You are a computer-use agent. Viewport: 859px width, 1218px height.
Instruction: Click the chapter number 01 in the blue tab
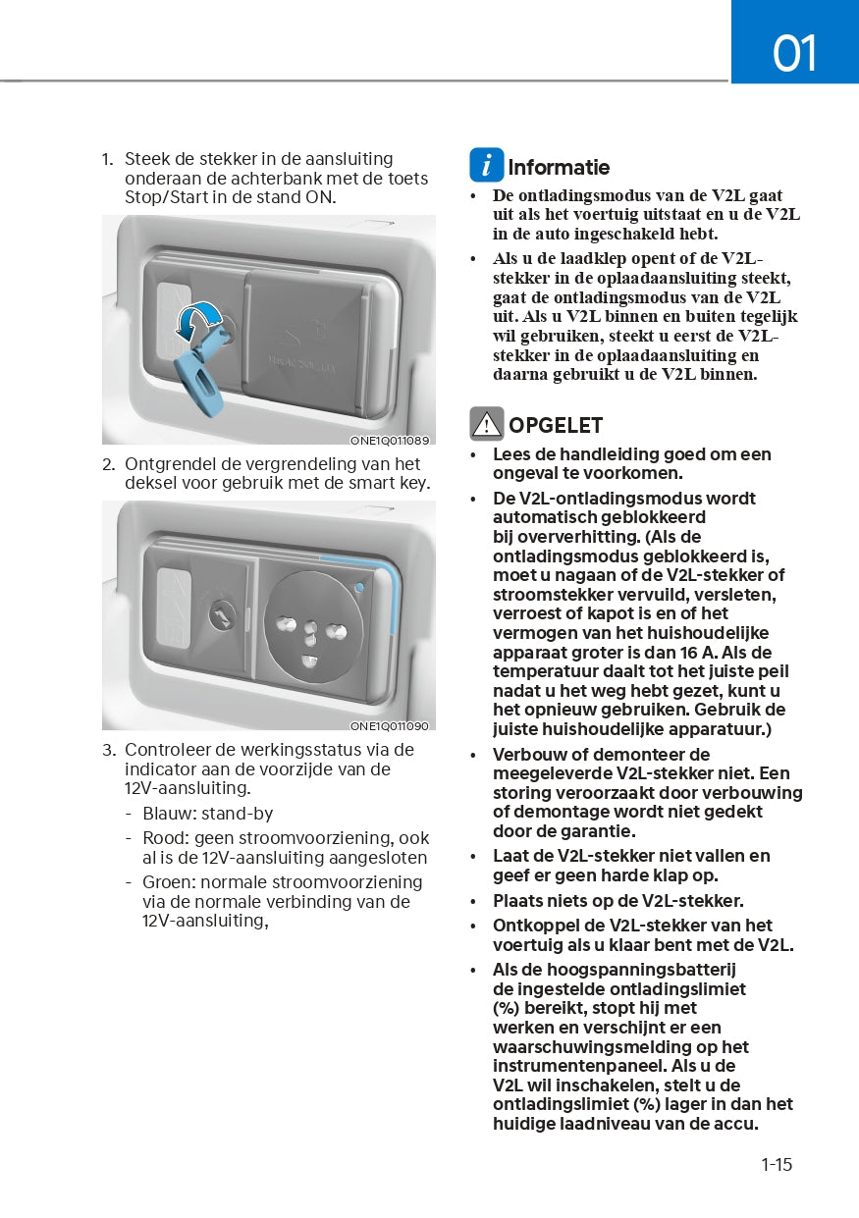(794, 53)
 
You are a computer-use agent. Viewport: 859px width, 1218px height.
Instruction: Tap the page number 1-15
(776, 1165)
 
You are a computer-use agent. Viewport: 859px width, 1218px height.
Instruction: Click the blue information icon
(486, 165)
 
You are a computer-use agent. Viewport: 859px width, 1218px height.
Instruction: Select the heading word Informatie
(559, 168)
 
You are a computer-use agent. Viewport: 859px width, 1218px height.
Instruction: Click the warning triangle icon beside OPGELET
(486, 424)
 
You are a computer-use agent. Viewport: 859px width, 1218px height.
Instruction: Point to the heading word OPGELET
(556, 426)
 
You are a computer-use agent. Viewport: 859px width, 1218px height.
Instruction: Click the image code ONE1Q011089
(390, 440)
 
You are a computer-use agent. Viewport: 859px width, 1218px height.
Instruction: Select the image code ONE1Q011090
(390, 726)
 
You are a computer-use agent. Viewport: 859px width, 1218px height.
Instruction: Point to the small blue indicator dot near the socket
(359, 589)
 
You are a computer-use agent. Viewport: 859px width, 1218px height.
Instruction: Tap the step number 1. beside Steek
(108, 159)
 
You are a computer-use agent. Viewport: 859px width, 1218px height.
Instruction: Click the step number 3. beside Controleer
(109, 750)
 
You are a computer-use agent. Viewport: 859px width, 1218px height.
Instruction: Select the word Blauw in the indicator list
(167, 814)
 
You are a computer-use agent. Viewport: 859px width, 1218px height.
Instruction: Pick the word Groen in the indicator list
(168, 881)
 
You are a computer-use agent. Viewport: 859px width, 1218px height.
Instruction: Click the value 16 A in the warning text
(701, 653)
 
